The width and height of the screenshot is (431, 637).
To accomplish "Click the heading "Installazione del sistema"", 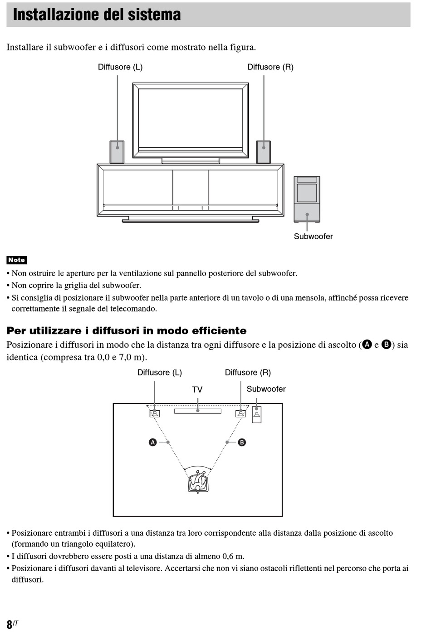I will point(97,15).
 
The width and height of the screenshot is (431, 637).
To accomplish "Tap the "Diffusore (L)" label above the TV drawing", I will point(120,67).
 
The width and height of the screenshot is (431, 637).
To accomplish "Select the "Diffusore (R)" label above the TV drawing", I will point(270,67).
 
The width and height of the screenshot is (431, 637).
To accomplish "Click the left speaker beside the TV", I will point(117,152).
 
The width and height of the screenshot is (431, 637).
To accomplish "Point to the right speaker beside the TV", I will point(263,152).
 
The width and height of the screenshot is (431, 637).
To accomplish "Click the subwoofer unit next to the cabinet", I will point(307,199).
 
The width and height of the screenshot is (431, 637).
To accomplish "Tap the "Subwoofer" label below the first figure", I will point(313,237).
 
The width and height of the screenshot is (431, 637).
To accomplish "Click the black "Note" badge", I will point(17,260).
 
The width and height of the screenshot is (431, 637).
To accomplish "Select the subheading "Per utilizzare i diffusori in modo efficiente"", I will point(127,331).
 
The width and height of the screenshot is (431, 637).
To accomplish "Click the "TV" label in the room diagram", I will point(197,390).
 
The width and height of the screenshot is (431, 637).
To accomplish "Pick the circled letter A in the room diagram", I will point(153,442).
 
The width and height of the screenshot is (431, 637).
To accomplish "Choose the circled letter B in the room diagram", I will point(242,442).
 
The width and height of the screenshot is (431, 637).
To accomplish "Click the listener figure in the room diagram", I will point(198,482).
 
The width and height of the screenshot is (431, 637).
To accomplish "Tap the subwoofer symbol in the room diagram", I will point(257,415).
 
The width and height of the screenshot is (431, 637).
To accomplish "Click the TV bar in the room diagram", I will point(198,411).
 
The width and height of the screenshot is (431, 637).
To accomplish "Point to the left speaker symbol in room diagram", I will point(155,413).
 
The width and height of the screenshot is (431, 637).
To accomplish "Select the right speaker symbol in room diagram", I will point(240,413).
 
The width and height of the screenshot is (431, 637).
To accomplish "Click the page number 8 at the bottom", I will point(10,624).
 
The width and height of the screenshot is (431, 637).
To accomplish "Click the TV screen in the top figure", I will point(191,119).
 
